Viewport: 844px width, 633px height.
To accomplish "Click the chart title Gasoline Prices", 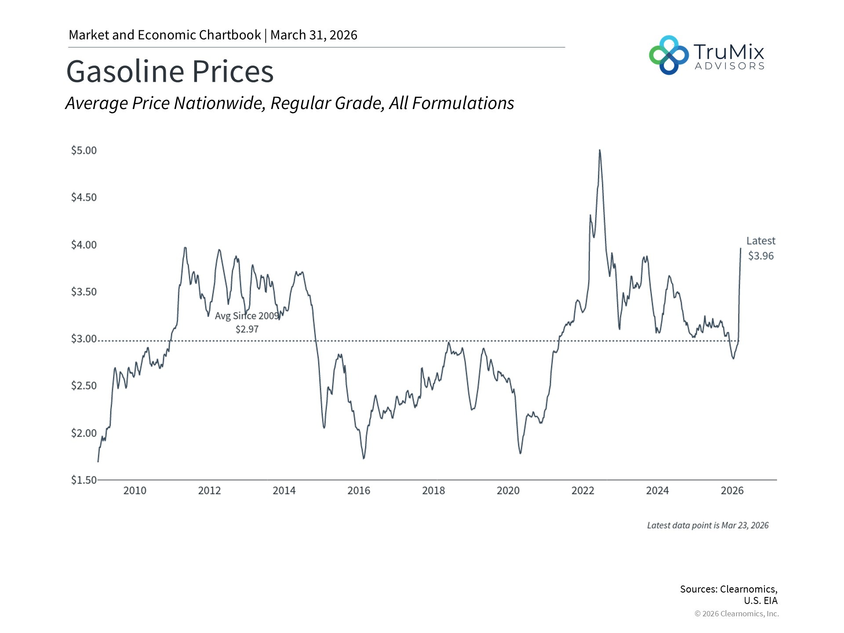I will (x=170, y=71).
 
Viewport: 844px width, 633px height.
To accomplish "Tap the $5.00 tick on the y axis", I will (x=84, y=150).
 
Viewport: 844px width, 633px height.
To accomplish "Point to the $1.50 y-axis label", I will (x=84, y=480).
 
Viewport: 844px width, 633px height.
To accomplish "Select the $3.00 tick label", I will (x=84, y=338).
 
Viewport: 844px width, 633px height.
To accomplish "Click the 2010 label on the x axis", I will (x=135, y=491).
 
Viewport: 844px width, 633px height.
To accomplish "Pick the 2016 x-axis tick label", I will (x=359, y=491).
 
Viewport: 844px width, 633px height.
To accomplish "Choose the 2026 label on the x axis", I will (x=732, y=491).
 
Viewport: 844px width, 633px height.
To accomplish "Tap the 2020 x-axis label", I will (x=508, y=491).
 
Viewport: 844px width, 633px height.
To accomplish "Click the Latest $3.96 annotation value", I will (x=761, y=256).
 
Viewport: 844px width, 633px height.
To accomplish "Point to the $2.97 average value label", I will (x=247, y=329).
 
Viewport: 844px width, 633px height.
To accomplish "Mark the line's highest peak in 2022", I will (x=600, y=150).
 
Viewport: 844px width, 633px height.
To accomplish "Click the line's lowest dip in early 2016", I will (x=364, y=458).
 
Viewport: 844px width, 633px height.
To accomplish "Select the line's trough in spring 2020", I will (x=520, y=453).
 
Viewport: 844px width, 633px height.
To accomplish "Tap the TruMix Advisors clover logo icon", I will (x=669, y=55).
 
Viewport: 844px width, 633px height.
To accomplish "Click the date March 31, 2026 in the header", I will (x=314, y=35).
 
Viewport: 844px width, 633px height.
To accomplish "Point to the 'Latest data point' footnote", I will (x=708, y=525).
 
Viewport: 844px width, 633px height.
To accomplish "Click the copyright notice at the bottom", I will (x=737, y=614).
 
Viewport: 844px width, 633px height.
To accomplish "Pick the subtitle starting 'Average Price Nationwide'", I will (x=290, y=103).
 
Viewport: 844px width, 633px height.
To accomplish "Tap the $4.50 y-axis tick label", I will (x=84, y=197).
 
